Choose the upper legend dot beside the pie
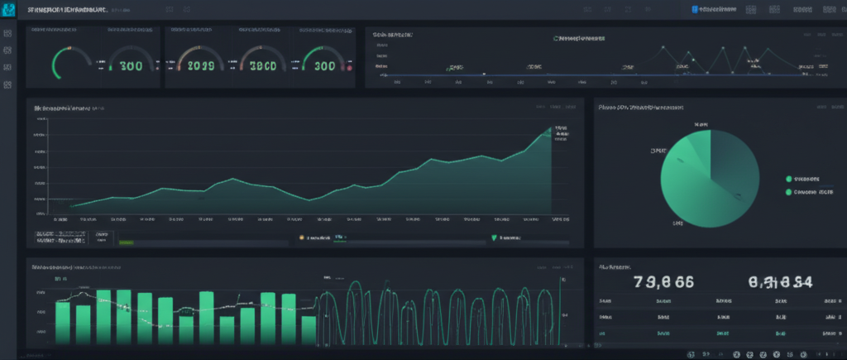click(x=788, y=178)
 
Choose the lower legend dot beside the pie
click(x=788, y=192)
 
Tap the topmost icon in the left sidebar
click(x=7, y=35)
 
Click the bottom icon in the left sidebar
click(x=7, y=84)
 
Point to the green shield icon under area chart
click(x=494, y=238)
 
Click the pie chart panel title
click(x=641, y=108)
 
